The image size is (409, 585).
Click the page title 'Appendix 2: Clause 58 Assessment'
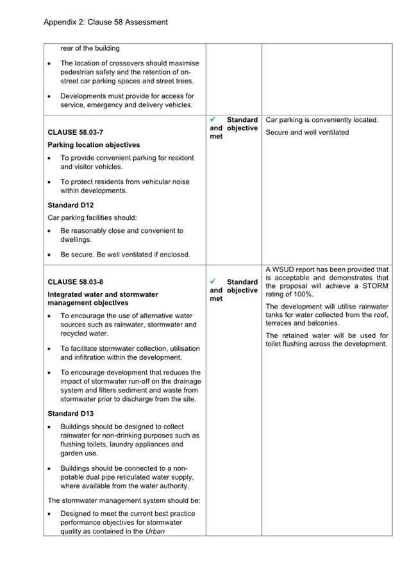click(x=106, y=22)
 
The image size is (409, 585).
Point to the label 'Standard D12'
click(x=71, y=205)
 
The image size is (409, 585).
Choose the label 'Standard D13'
click(x=71, y=414)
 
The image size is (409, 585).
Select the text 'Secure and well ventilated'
click(x=307, y=133)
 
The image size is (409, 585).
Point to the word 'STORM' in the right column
click(x=375, y=286)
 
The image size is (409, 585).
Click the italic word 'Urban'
click(x=155, y=531)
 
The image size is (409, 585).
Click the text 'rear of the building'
click(x=90, y=48)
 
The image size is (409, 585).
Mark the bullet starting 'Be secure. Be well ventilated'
click(x=125, y=255)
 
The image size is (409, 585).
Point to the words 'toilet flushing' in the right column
click(x=289, y=344)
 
